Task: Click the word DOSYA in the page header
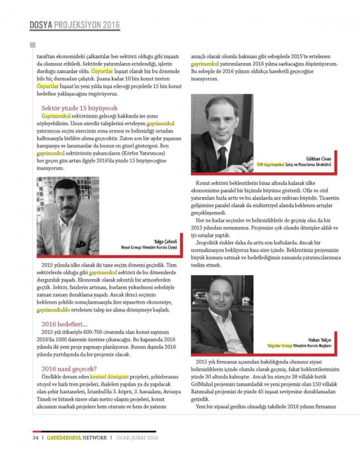pyautogui.click(x=40, y=25)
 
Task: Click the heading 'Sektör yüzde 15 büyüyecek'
pyautogui.click(x=79, y=107)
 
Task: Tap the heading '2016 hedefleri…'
pyautogui.click(x=64, y=324)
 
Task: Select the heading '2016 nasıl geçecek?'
pyautogui.click(x=70, y=368)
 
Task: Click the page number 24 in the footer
pyautogui.click(x=34, y=438)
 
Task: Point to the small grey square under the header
pyautogui.click(x=33, y=45)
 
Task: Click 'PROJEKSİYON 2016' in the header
pyautogui.click(x=87, y=25)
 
